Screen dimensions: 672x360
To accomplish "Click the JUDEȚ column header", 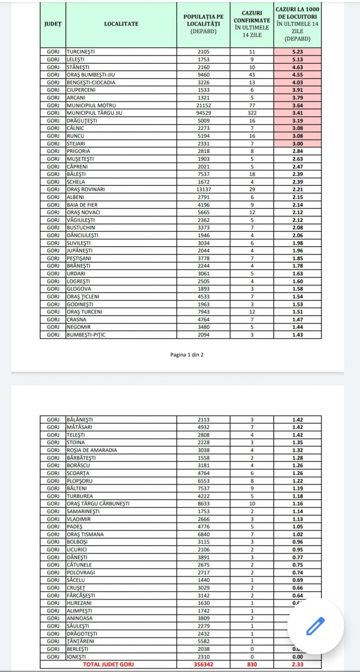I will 53,23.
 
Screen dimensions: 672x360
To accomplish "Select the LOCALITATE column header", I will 121,23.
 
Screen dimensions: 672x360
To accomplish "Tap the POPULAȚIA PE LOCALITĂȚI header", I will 203,24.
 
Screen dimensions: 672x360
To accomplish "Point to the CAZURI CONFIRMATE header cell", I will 252,24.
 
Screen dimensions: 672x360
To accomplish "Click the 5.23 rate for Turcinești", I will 297,52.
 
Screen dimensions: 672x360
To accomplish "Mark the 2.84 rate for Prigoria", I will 297,151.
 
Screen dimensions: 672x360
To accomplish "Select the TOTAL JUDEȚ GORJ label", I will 108,664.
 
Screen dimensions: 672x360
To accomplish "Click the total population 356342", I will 203,664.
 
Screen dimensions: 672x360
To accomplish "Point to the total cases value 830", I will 252,664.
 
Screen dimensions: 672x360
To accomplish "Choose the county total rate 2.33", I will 297,664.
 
